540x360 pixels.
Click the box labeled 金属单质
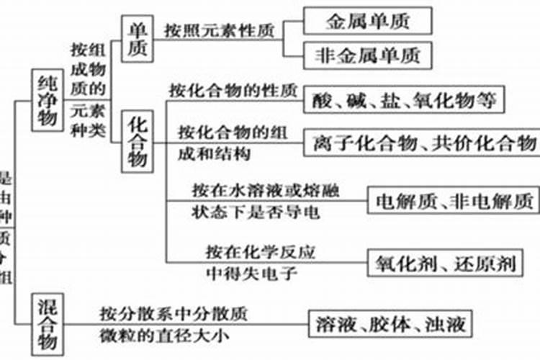coord(367,21)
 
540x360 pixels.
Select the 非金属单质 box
coord(367,55)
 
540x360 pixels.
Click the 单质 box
coord(136,38)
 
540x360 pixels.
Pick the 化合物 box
coord(138,141)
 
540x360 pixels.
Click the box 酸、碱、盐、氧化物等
coord(404,100)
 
